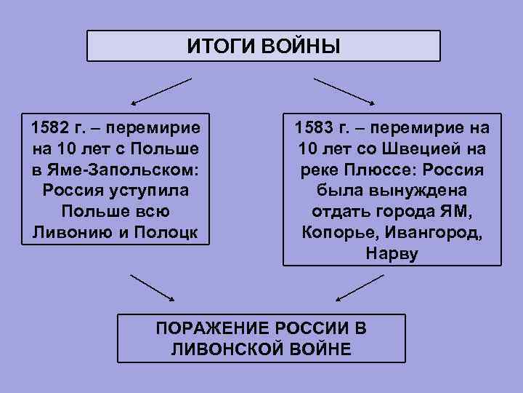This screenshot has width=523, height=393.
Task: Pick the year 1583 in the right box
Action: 316,129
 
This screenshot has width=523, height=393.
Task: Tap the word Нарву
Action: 392,254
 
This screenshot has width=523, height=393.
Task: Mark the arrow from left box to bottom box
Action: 152,287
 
